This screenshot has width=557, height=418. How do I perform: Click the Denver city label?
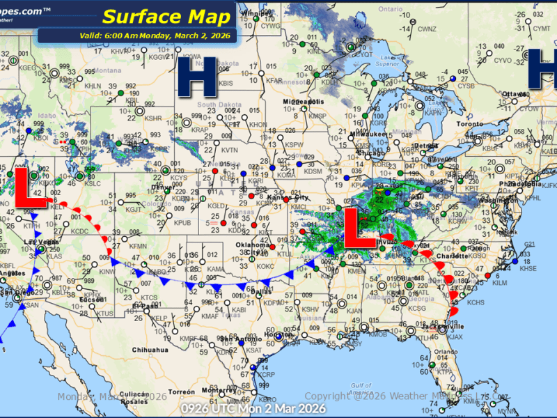pos(162,187)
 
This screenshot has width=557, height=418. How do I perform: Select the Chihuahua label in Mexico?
pos(150,349)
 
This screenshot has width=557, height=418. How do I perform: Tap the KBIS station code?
pos(226,83)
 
